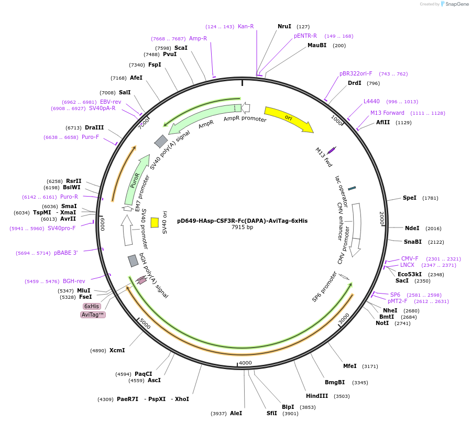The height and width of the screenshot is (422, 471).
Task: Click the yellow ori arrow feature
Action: [288, 118]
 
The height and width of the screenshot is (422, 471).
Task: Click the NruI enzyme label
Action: [284, 26]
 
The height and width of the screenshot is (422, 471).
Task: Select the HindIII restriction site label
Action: [317, 396]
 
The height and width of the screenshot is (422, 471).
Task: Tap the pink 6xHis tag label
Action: [92, 306]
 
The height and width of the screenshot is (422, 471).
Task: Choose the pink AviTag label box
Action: [93, 315]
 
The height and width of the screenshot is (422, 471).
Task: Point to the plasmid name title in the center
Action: [242, 221]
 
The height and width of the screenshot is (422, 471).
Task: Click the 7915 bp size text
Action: [242, 228]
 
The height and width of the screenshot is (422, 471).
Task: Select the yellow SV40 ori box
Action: [155, 222]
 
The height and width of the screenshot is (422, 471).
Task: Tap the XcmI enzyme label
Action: [117, 350]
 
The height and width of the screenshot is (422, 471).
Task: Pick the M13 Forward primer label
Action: [387, 113]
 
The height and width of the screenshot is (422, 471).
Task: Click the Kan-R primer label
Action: [246, 26]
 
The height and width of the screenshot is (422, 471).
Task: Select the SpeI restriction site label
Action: [410, 198]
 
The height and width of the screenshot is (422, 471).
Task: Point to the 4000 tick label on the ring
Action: [245, 363]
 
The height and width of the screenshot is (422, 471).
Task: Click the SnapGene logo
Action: [454, 4]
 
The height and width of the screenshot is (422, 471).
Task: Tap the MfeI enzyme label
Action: [349, 366]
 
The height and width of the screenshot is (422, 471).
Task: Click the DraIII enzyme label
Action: [94, 127]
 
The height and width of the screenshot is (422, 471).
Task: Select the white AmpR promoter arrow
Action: [245, 109]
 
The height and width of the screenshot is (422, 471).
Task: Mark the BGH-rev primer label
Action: [74, 281]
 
